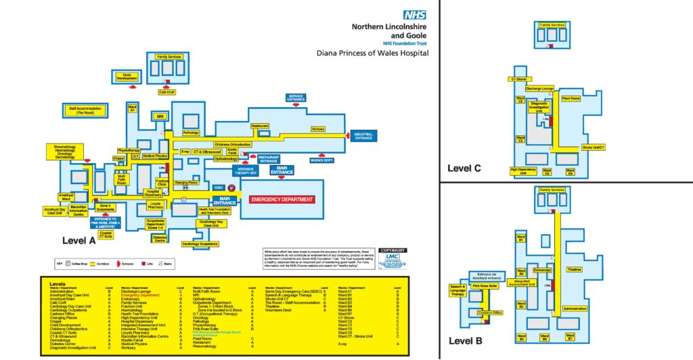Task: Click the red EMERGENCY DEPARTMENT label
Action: click(282, 200)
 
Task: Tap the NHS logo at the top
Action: click(414, 14)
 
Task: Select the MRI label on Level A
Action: click(160, 116)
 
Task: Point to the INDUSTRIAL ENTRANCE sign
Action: click(363, 136)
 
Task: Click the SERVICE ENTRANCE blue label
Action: click(296, 97)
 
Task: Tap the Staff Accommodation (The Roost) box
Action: click(85, 110)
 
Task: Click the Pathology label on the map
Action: click(191, 133)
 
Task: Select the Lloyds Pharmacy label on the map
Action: click(156, 204)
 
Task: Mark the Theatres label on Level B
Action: click(574, 269)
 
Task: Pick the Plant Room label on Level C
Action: click(571, 99)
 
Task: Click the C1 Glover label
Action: click(520, 79)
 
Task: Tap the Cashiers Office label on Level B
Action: click(489, 313)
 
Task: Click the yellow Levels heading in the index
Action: click(58, 284)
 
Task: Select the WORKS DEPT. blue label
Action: click(322, 160)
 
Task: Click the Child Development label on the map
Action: click(127, 77)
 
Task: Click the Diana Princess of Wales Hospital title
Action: click(372, 52)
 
